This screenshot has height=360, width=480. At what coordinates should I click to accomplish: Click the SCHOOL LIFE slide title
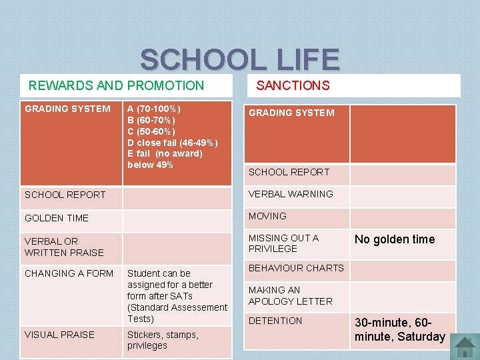coord(239,60)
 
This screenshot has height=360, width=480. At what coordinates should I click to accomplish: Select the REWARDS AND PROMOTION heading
coord(116,85)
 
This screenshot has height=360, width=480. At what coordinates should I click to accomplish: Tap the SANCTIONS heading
coord(293,85)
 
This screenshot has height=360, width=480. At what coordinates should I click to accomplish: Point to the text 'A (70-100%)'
coord(153,109)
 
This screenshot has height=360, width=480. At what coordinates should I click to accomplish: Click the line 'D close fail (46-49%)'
coord(172,143)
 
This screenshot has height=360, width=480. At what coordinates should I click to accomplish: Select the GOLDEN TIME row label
coord(57,218)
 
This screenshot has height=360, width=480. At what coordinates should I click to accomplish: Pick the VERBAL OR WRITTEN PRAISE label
coord(64,247)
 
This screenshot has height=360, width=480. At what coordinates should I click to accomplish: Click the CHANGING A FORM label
coord(69,273)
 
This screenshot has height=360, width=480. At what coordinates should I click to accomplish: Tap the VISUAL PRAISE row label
coord(59,335)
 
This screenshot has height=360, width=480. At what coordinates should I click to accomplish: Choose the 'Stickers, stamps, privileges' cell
coord(163,340)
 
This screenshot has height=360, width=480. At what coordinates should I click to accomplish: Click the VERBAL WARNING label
coord(291,194)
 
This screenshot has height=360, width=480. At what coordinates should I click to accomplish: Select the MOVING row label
coord(267,216)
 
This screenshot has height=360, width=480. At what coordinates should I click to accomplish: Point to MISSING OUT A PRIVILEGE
coord(283,243)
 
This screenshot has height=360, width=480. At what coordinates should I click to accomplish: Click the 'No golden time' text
coord(395,239)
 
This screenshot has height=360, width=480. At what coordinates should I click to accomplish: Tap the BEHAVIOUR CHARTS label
coord(296,268)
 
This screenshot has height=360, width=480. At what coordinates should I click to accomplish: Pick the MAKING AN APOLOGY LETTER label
coord(290,296)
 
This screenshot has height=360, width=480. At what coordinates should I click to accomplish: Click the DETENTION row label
coord(275,321)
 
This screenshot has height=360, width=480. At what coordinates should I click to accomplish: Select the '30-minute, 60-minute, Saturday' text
coord(400,330)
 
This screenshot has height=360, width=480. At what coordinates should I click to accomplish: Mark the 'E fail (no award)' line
coord(165,154)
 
